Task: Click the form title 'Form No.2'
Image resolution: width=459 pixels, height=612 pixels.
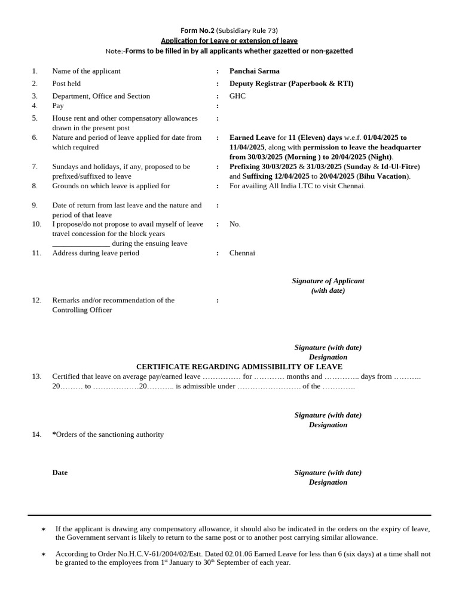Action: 197,30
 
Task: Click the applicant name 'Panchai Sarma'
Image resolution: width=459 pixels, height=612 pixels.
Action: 254,71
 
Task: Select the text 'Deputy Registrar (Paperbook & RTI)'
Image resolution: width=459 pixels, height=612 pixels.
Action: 291,84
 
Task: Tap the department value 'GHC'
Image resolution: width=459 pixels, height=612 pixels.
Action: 237,96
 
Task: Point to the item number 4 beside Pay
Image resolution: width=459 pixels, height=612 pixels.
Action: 35,106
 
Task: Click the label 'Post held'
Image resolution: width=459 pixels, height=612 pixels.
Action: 66,84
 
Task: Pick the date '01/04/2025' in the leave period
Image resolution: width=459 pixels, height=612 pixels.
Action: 381,137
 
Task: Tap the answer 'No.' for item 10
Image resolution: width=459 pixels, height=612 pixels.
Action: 235,224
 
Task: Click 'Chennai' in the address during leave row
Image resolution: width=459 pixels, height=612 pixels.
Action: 242,253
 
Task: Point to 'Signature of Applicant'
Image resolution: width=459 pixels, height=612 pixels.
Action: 328,281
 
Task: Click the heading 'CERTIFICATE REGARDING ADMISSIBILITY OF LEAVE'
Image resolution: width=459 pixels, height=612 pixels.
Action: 239,367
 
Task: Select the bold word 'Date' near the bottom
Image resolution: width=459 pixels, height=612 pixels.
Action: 60,473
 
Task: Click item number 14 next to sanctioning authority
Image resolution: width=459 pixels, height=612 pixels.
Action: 36,434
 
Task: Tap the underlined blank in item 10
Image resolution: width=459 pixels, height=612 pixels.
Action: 81,244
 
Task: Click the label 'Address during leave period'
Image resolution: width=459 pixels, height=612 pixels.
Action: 96,253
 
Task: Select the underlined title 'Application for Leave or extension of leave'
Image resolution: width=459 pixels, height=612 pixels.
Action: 229,41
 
